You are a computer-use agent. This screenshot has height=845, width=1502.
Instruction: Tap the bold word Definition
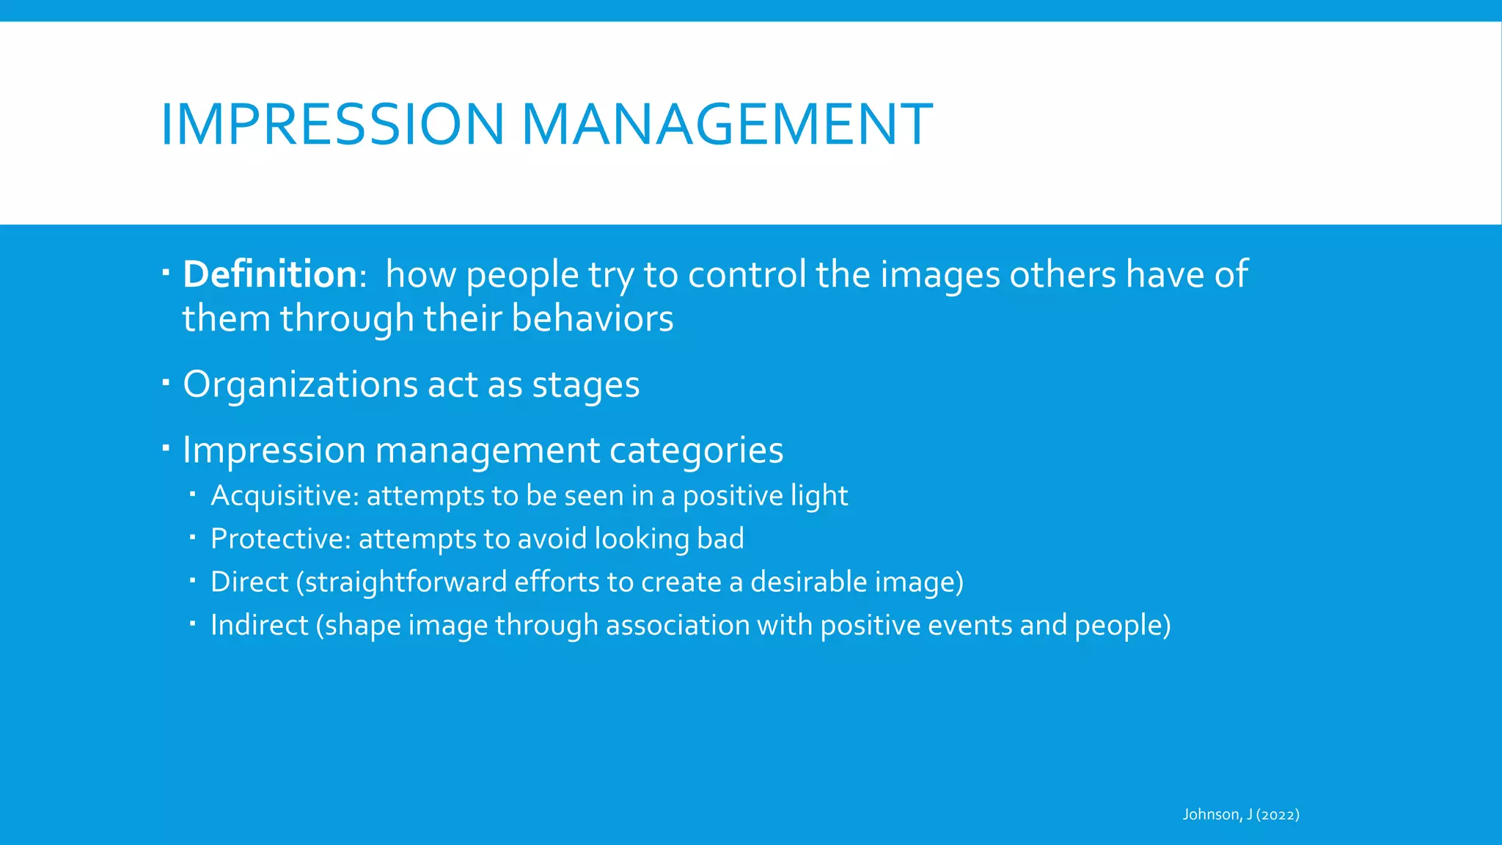click(x=269, y=274)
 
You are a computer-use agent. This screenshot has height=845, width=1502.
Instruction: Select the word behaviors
click(x=592, y=318)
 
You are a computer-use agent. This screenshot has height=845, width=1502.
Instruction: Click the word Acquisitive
click(x=283, y=496)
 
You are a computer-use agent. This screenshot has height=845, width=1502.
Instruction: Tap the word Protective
click(x=280, y=539)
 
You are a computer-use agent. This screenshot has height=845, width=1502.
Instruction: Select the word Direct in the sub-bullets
click(x=249, y=582)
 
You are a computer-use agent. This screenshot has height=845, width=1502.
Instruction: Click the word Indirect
click(x=259, y=625)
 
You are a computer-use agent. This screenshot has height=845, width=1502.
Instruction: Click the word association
click(x=677, y=625)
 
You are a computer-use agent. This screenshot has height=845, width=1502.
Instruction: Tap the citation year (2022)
click(x=1278, y=814)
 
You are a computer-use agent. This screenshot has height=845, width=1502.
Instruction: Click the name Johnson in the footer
click(x=1212, y=814)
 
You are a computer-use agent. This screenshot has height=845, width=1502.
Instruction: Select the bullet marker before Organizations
click(x=166, y=381)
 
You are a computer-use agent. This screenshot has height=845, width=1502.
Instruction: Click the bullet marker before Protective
click(x=192, y=538)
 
